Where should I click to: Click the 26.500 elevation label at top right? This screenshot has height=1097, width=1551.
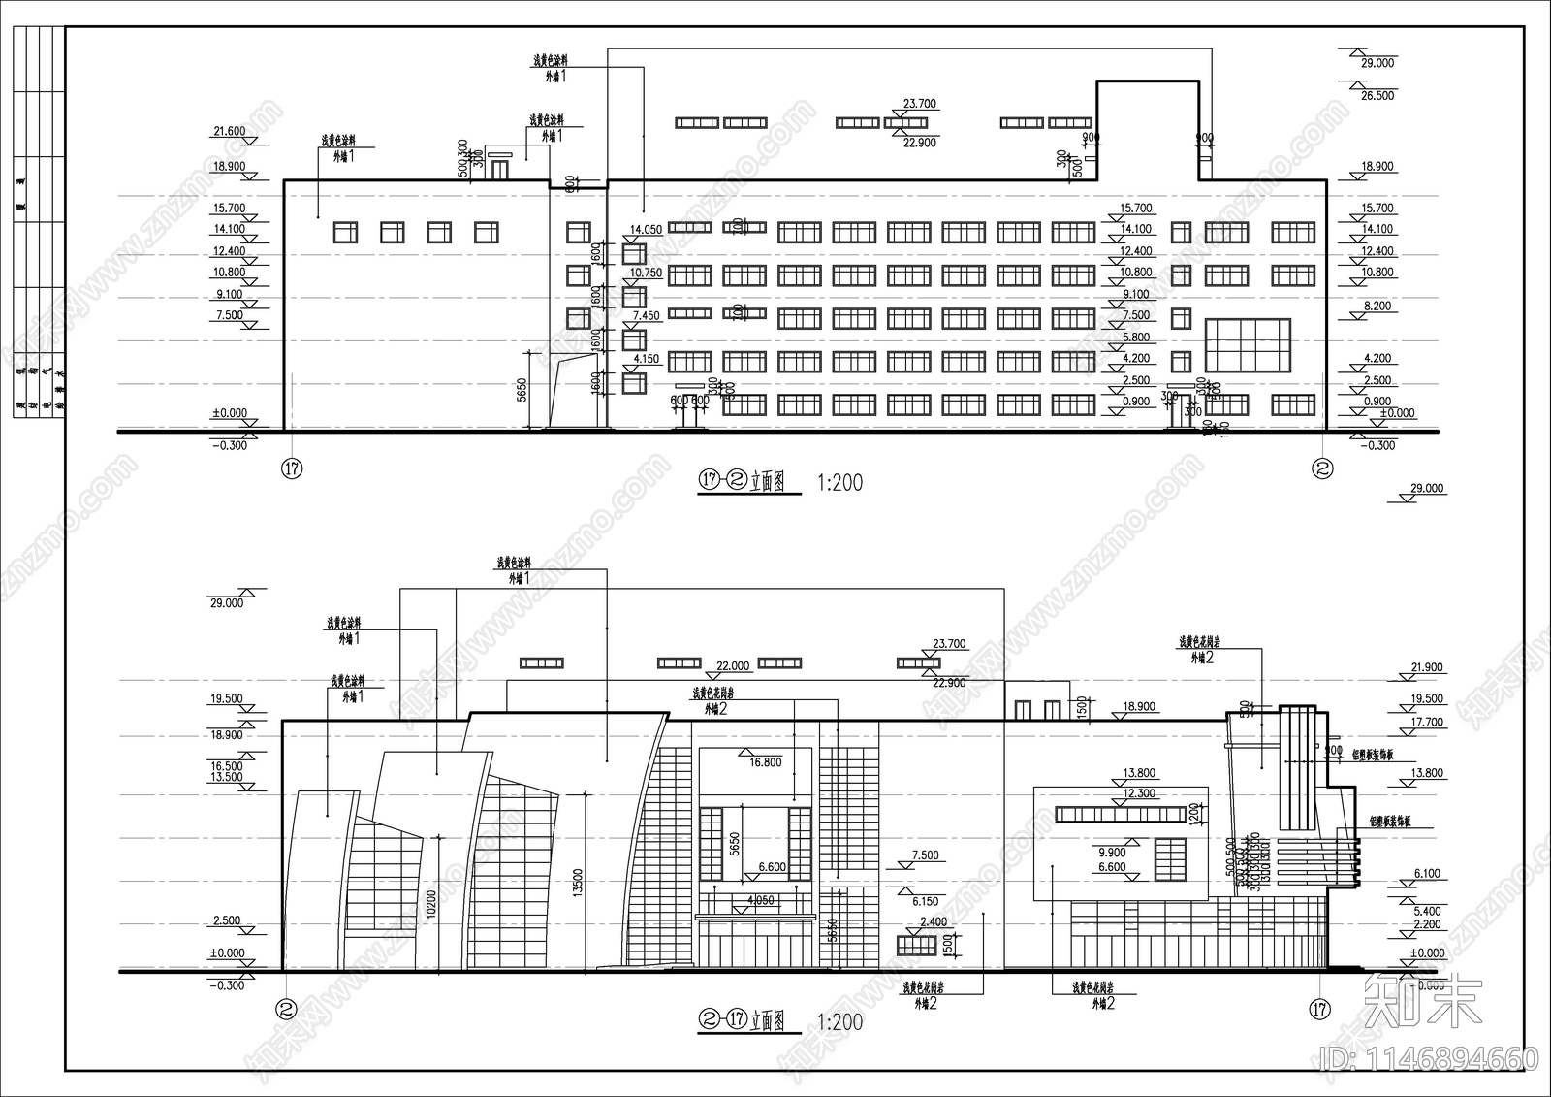click(x=1377, y=96)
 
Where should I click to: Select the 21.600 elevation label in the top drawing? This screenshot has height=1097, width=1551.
click(x=229, y=131)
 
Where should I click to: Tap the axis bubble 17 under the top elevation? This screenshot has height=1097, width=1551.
click(x=292, y=468)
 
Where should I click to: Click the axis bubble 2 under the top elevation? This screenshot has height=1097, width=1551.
click(x=1322, y=468)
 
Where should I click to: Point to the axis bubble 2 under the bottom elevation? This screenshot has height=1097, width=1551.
click(x=286, y=1009)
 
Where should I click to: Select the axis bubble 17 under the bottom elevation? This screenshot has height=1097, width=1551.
click(x=1318, y=1009)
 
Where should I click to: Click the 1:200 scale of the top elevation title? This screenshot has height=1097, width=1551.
click(x=839, y=482)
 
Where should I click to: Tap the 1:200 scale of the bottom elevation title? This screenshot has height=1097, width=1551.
click(x=839, y=1021)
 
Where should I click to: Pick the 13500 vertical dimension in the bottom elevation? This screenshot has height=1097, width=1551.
click(x=579, y=882)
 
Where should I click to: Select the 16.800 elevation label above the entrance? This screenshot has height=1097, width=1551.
click(x=765, y=762)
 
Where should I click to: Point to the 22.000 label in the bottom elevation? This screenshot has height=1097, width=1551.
click(x=732, y=666)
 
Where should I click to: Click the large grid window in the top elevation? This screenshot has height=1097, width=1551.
click(x=1248, y=345)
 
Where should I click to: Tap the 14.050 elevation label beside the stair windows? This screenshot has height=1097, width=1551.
click(x=646, y=230)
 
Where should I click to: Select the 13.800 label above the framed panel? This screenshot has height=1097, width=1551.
click(x=1139, y=773)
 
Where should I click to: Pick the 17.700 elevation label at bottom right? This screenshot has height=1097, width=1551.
click(x=1427, y=723)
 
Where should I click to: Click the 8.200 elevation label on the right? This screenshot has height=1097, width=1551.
click(x=1377, y=306)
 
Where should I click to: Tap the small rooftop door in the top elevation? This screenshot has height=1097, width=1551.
click(x=499, y=169)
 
